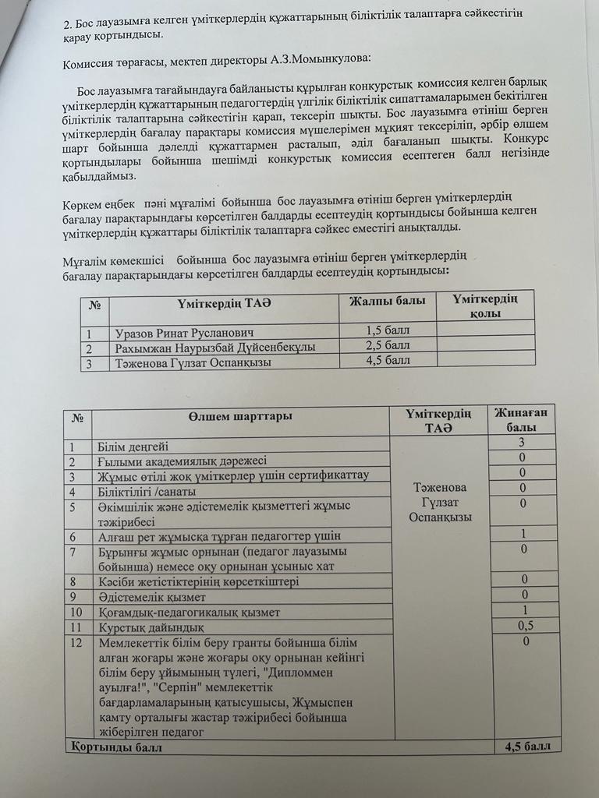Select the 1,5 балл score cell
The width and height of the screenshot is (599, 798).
point(388,330)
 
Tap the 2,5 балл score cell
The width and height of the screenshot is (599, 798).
point(388,345)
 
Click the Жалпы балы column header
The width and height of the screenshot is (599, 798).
point(387,301)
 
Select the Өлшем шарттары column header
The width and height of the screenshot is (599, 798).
point(240,416)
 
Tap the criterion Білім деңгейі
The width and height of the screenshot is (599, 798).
point(133,447)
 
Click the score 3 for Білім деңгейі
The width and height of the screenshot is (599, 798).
point(522,442)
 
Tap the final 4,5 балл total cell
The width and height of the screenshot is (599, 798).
point(527,746)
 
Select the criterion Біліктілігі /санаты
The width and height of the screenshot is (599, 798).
point(147,492)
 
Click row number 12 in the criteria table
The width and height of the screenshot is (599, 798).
point(76,644)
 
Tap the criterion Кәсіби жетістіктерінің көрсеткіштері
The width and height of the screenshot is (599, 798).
point(198,581)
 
